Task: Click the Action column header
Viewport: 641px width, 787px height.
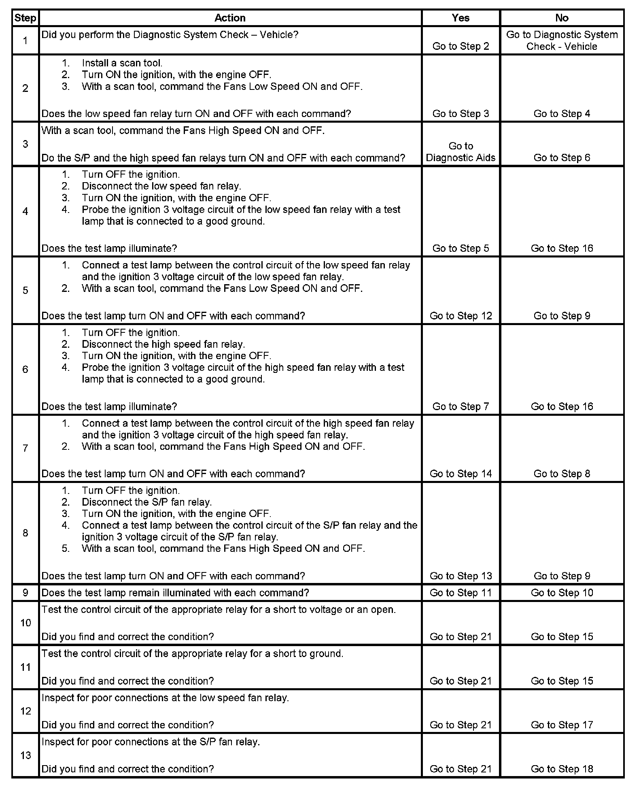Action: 230,18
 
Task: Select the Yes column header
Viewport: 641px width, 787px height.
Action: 461,18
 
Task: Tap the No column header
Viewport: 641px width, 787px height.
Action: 562,18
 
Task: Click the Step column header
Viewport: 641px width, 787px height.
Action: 25,18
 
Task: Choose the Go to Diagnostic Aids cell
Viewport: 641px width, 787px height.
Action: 461,152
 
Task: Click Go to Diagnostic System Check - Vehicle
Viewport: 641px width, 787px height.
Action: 562,40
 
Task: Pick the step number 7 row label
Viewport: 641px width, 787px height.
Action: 25,448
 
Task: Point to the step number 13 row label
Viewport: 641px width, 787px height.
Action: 25,755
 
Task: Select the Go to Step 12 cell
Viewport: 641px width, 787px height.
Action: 461,316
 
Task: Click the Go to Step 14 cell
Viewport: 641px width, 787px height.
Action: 461,474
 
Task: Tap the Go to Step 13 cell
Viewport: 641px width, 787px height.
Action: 461,576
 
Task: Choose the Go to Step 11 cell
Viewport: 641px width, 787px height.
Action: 461,593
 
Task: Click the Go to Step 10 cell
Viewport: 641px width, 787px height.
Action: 562,593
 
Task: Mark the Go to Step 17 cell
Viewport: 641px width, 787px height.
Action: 562,725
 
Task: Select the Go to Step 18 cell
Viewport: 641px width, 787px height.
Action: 562,769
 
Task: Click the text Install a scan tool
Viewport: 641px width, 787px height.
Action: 122,63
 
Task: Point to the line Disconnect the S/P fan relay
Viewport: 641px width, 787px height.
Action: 146,502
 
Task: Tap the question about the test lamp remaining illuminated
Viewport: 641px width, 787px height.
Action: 175,593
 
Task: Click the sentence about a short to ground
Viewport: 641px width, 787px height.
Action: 192,653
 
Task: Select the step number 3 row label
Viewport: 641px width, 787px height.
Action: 25,144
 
